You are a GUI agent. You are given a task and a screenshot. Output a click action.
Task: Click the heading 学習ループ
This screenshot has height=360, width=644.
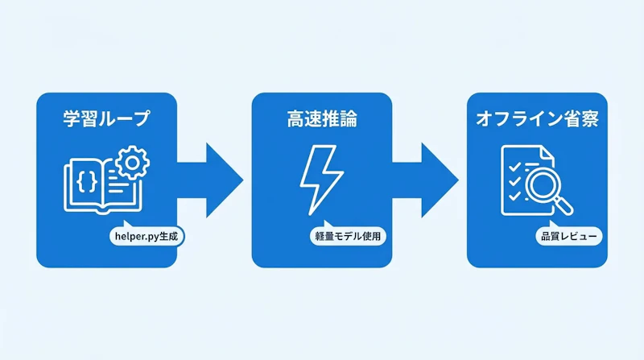click(x=106, y=118)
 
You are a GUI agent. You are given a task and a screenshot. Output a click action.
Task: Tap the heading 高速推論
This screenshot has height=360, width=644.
click(x=322, y=118)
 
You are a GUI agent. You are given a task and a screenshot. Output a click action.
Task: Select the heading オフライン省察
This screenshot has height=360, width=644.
click(x=537, y=118)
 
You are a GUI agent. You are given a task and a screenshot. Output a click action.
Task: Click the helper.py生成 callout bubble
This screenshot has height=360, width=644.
click(x=147, y=236)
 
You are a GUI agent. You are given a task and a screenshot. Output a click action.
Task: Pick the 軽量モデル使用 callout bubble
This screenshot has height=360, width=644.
click(x=348, y=236)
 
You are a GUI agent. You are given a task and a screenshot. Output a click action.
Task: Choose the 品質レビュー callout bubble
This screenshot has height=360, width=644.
click(x=569, y=236)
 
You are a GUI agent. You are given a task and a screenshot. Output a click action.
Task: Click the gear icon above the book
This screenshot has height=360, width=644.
click(x=132, y=163)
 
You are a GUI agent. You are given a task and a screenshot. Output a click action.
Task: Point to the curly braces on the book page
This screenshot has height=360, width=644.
click(x=87, y=181)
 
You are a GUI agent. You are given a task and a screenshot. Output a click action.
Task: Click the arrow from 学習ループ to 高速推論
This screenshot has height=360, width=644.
click(x=210, y=180)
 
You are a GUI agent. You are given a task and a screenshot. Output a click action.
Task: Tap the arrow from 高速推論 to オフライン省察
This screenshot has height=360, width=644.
click(x=426, y=180)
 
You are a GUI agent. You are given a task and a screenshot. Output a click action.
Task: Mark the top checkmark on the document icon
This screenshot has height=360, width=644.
click(x=514, y=167)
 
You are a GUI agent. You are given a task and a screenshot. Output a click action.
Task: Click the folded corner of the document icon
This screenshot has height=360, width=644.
click(x=547, y=153)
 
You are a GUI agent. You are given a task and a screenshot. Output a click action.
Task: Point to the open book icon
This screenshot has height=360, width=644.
click(x=103, y=186)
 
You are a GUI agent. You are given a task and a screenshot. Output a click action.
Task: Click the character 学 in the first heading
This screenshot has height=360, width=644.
click(x=72, y=118)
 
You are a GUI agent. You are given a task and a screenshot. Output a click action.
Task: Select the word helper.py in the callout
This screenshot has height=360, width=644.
click(x=136, y=237)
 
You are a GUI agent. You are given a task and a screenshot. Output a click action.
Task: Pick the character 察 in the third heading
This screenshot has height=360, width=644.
click(x=590, y=118)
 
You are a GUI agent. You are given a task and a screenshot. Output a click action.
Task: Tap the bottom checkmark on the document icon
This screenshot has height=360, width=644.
click(x=514, y=196)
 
